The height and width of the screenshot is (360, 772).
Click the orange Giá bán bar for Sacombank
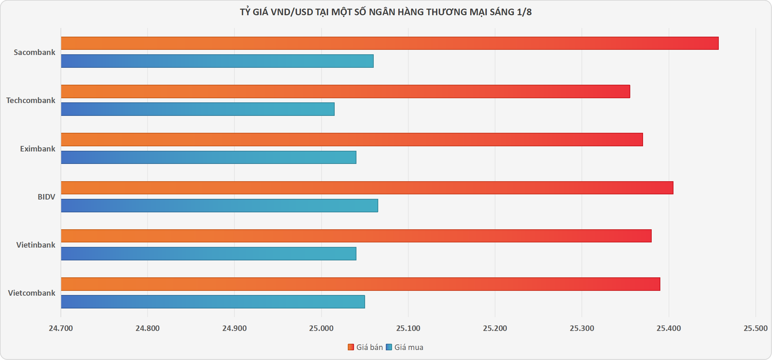click(390, 43)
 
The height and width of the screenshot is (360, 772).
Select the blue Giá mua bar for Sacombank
click(217, 61)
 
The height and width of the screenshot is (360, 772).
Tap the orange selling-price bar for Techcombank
click(345, 91)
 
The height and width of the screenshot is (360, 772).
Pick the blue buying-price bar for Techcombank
click(198, 109)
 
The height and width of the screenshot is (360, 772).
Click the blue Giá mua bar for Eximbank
click(208, 157)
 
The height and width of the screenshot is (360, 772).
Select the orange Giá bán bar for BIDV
click(367, 188)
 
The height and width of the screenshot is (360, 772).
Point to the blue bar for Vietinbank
click(208, 253)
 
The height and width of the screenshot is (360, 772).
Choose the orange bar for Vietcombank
click(361, 284)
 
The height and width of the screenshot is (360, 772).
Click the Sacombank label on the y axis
click(35, 52)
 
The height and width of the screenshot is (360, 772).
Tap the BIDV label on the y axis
click(46, 197)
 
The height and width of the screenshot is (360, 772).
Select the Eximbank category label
click(38, 149)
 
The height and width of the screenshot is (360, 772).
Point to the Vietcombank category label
click(32, 293)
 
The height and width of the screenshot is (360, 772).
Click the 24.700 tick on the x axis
click(61, 328)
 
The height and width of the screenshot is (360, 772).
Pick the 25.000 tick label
click(322, 328)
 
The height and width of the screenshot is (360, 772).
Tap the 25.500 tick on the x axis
click(755, 328)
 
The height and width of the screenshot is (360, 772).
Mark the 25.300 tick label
click(582, 328)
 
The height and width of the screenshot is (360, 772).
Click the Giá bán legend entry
click(365, 347)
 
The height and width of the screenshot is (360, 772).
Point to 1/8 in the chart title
click(524, 12)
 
